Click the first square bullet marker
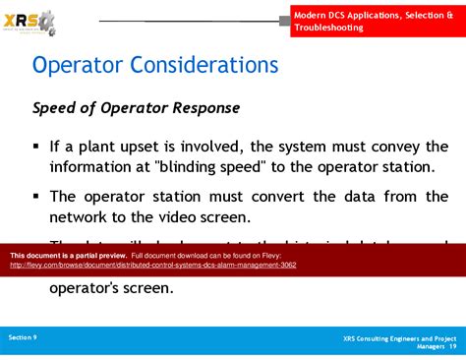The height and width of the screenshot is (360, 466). point(36,146)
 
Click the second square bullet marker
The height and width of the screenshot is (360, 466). point(36,195)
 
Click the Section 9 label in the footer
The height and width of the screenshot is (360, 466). point(23,337)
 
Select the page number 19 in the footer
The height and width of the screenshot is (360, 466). point(452,346)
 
